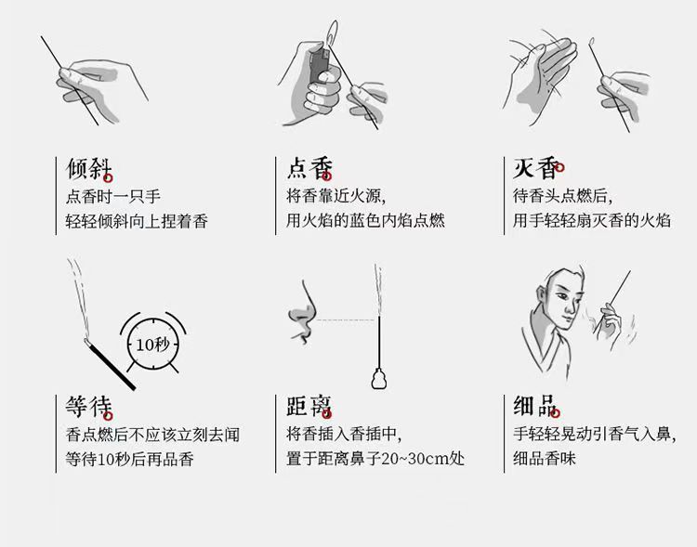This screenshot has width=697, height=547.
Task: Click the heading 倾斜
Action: coord(89,168)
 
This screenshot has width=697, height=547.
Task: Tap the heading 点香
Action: coord(309,168)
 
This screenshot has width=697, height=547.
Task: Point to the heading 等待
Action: coord(89,407)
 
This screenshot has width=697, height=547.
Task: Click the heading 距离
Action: coord(309,406)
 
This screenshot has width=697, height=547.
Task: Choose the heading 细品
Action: coord(534,406)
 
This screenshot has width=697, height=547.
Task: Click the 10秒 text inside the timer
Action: coord(152,345)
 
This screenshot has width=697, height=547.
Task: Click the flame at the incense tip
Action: coord(332,33)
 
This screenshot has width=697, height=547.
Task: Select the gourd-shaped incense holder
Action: coord(379,378)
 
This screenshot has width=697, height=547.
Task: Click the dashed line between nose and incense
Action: coord(346,320)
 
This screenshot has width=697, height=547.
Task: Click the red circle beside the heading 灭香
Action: coord(559,167)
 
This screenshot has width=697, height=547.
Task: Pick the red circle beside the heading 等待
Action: coord(109,416)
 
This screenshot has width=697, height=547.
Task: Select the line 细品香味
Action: coord(545,458)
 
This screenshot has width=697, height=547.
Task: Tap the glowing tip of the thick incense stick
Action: coord(86,341)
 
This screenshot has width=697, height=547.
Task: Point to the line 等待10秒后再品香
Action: coord(130,459)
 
